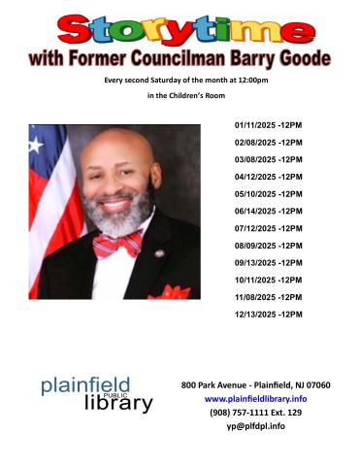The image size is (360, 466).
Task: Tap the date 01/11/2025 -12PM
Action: point(269,126)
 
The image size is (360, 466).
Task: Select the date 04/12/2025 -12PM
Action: point(269,177)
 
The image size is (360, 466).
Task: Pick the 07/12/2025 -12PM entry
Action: point(269,228)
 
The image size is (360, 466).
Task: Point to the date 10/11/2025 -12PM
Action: point(269,280)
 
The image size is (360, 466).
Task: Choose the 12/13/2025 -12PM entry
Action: point(269,314)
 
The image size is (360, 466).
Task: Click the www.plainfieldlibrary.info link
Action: point(255,398)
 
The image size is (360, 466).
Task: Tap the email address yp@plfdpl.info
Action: point(255,425)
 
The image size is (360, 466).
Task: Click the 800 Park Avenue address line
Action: point(255,384)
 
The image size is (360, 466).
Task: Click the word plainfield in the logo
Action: point(85,386)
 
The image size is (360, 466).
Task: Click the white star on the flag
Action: point(37,145)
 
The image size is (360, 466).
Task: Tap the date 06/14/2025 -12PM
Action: point(269,211)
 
